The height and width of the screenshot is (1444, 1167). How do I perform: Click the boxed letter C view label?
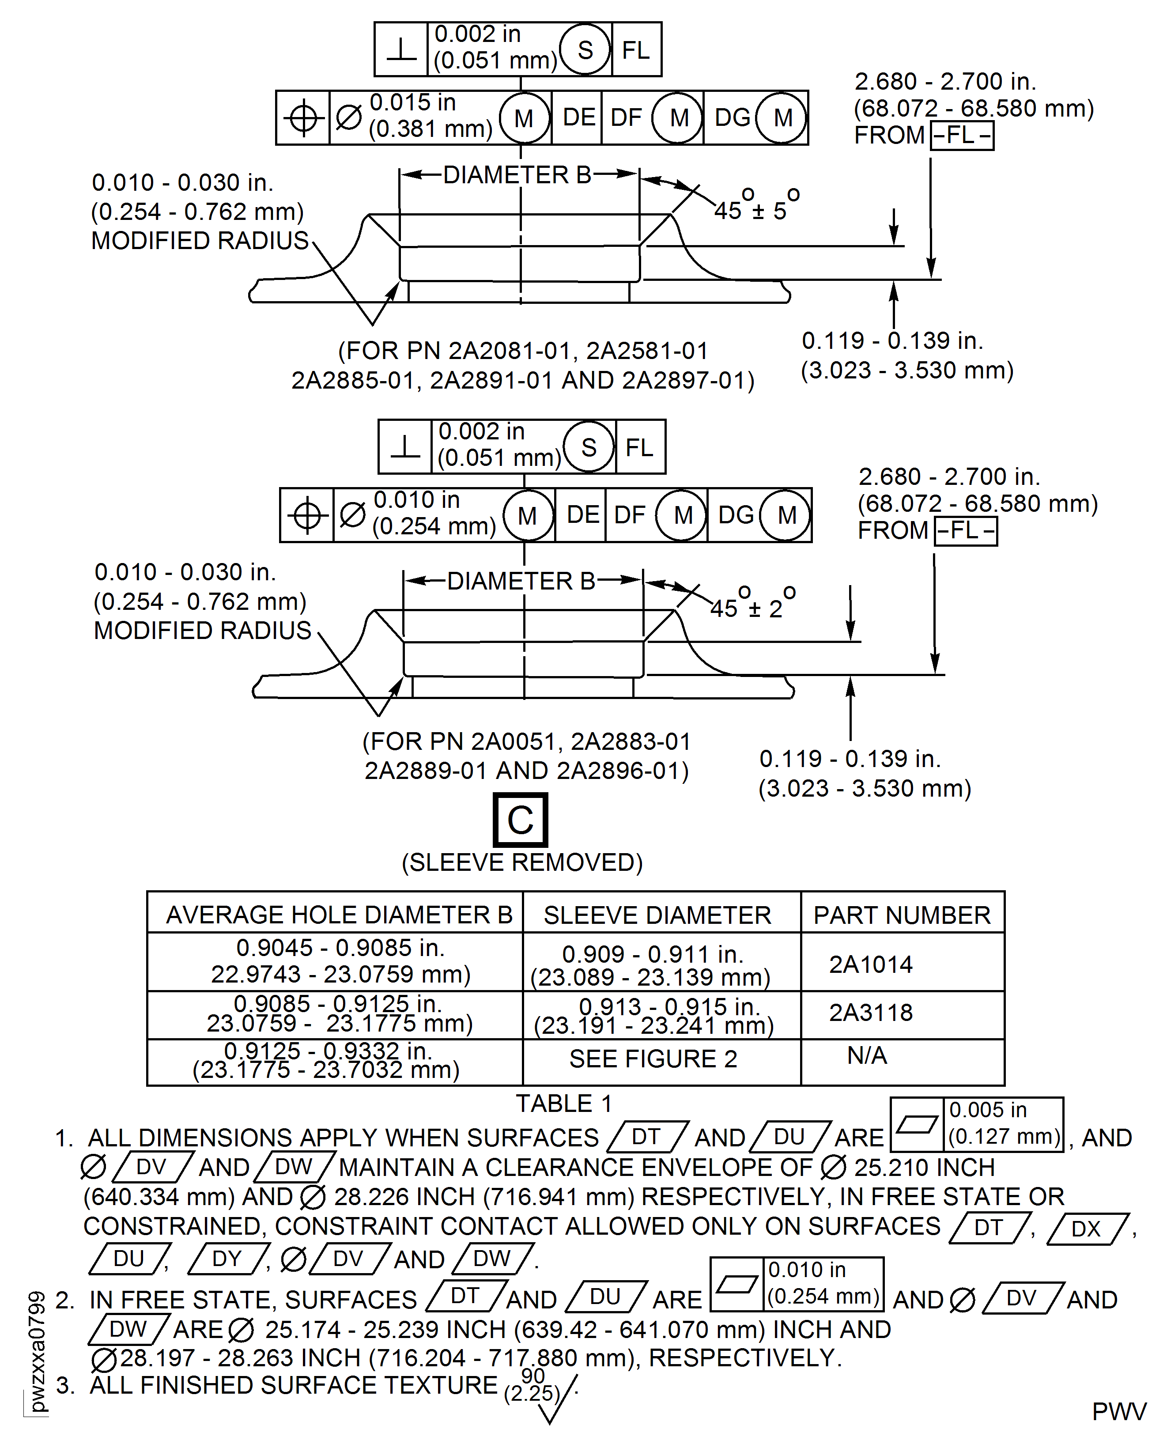520,820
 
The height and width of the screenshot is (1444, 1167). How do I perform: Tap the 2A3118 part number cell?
871,1013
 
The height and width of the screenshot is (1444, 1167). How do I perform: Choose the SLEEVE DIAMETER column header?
657,915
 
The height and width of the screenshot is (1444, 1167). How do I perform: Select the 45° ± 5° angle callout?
756,205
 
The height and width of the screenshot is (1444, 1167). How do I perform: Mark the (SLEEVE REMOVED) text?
522,862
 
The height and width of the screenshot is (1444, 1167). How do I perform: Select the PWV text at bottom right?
1119,1412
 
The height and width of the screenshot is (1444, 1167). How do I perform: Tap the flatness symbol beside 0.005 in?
917,1124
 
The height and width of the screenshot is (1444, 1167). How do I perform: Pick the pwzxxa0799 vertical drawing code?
38,1351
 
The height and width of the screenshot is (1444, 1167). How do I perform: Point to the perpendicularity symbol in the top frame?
401,49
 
